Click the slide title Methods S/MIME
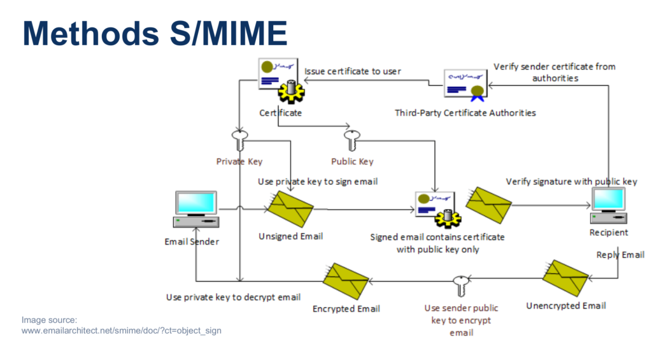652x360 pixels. coord(155,33)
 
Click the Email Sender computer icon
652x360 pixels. coord(196,210)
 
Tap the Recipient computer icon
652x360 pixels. coord(608,206)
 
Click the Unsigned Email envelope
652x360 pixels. coord(290,209)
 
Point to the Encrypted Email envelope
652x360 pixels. coord(346,281)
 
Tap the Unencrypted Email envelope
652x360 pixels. coord(565,278)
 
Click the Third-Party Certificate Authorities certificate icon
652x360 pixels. coord(465,85)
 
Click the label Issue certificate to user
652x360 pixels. coord(353,71)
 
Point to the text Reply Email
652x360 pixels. coord(620,255)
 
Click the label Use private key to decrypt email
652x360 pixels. coord(233,297)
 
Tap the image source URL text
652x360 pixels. coord(122,331)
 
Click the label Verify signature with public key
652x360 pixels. coord(571,182)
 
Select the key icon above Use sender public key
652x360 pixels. coord(461,286)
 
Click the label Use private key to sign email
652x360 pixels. coord(318,182)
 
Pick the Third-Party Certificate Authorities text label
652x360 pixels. coord(465,113)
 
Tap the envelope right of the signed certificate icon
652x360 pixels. coord(488,205)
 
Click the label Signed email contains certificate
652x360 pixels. coord(437,237)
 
